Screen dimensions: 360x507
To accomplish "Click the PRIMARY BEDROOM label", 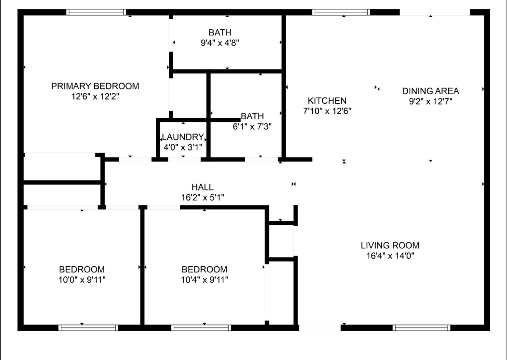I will pos(95,86).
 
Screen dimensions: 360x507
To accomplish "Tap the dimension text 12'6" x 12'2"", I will pos(95,97).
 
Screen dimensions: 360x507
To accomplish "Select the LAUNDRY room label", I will pos(183,137).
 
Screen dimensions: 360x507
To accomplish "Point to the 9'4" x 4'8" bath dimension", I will pos(220,43).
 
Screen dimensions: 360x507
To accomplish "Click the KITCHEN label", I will pos(327,100).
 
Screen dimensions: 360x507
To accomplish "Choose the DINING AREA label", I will pos(430,91).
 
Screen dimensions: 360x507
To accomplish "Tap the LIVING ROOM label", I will pos(390,245).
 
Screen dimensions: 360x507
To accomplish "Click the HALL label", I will pos(202,187).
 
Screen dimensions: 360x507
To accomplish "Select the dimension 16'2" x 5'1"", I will pos(202,197).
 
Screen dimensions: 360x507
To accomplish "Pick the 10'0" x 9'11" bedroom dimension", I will pos(82,280).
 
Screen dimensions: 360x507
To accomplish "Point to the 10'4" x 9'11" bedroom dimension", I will pos(204,280).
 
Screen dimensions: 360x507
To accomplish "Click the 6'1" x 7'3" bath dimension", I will pos(252,127).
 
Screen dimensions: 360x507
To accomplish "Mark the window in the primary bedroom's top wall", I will pos(96,12).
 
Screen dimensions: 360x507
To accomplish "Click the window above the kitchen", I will pos(341,12).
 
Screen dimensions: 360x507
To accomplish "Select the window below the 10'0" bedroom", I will pos(88,328).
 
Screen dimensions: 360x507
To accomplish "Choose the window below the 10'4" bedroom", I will pos(201,328).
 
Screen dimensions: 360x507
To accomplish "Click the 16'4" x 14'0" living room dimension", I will pos(390,256).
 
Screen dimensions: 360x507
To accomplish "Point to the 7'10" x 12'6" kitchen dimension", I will pos(327,111).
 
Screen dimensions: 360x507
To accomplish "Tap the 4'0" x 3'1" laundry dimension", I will pos(183,147).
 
